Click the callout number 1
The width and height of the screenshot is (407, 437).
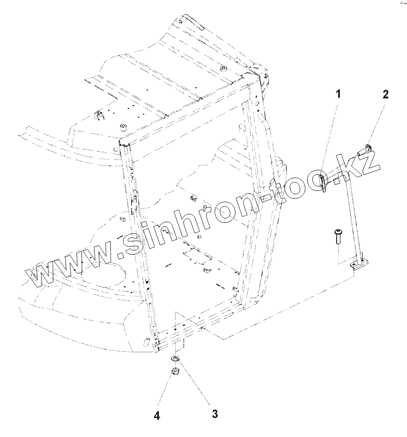338,94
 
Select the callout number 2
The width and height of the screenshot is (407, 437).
385,94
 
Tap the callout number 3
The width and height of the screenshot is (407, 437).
215,414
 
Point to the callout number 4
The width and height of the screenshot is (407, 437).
156,416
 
